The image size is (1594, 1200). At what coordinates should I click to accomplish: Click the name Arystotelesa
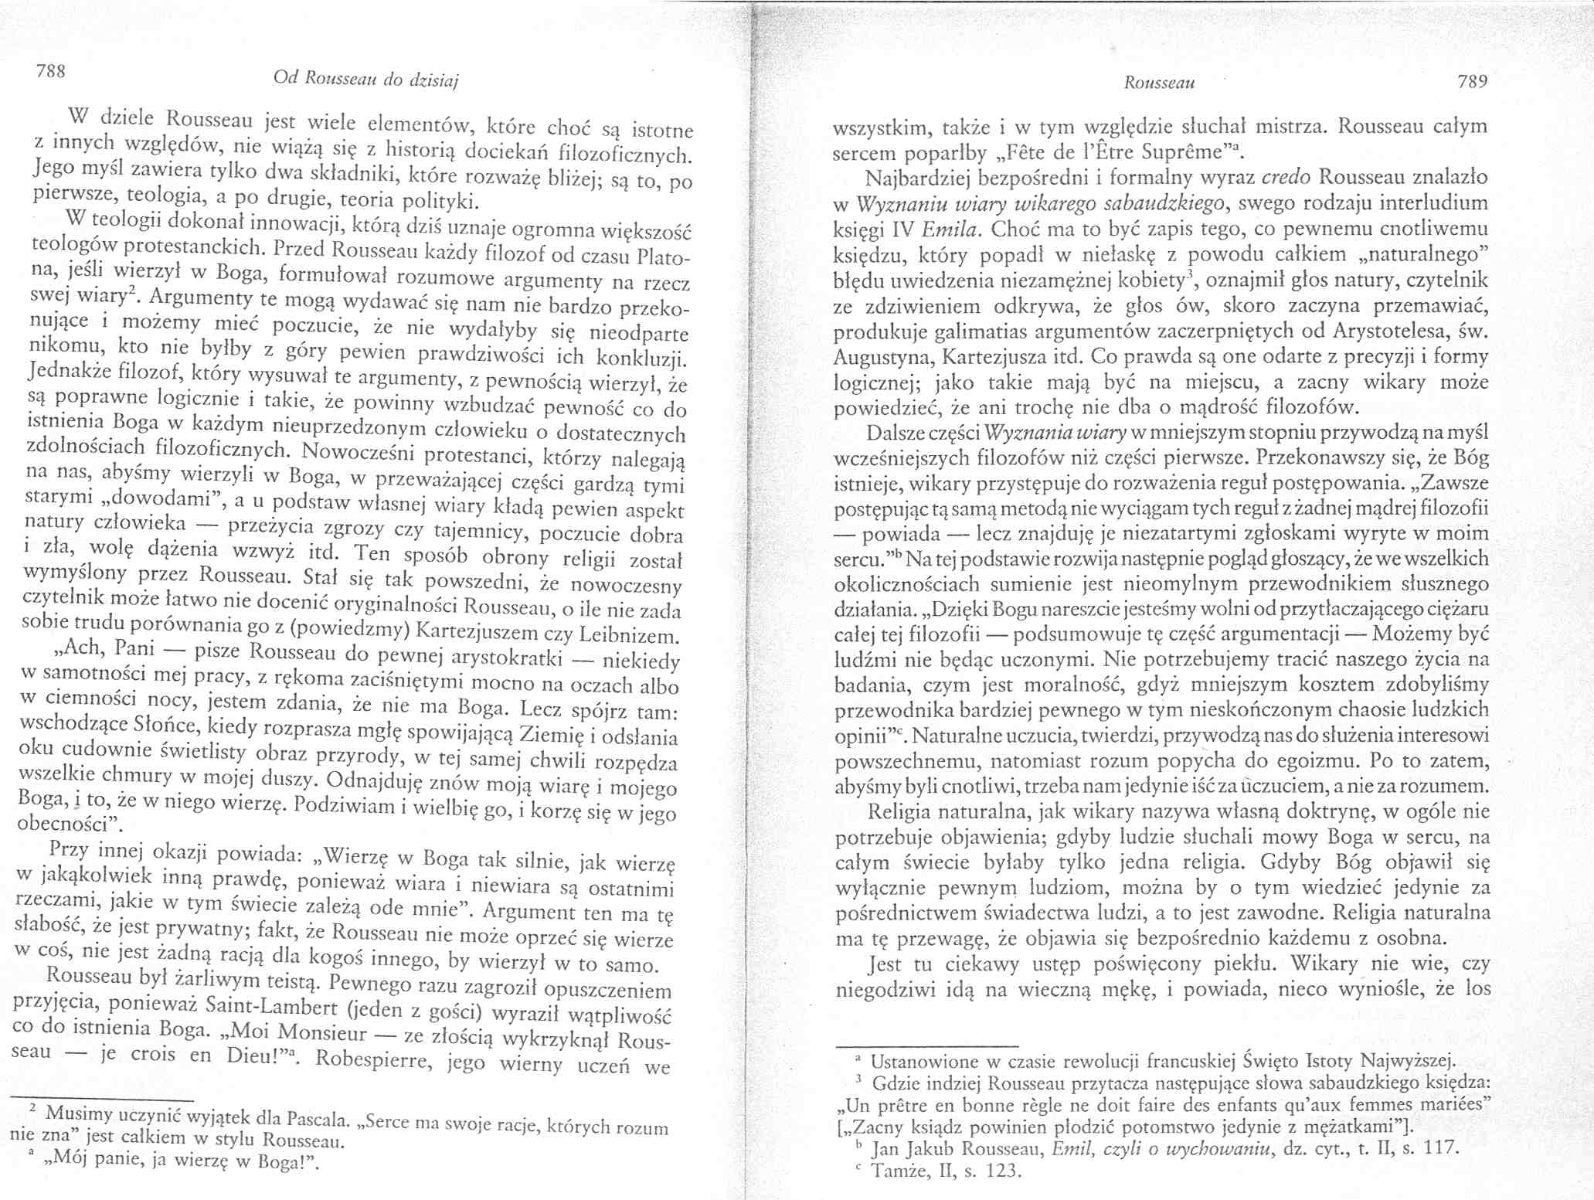pyautogui.click(x=1388, y=331)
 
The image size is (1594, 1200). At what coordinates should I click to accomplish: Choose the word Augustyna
pyautogui.click(x=879, y=358)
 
